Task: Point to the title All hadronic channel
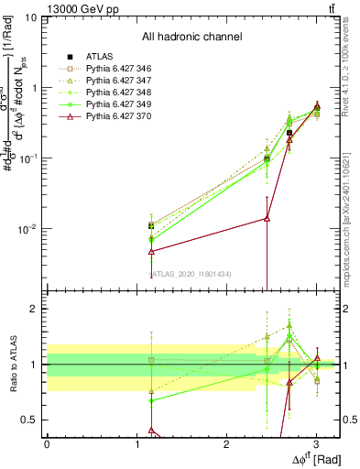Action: click(191, 37)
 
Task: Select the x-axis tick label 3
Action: click(316, 443)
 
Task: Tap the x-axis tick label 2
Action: click(226, 443)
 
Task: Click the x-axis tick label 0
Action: click(48, 443)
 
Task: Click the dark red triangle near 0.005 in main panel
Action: click(150, 251)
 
